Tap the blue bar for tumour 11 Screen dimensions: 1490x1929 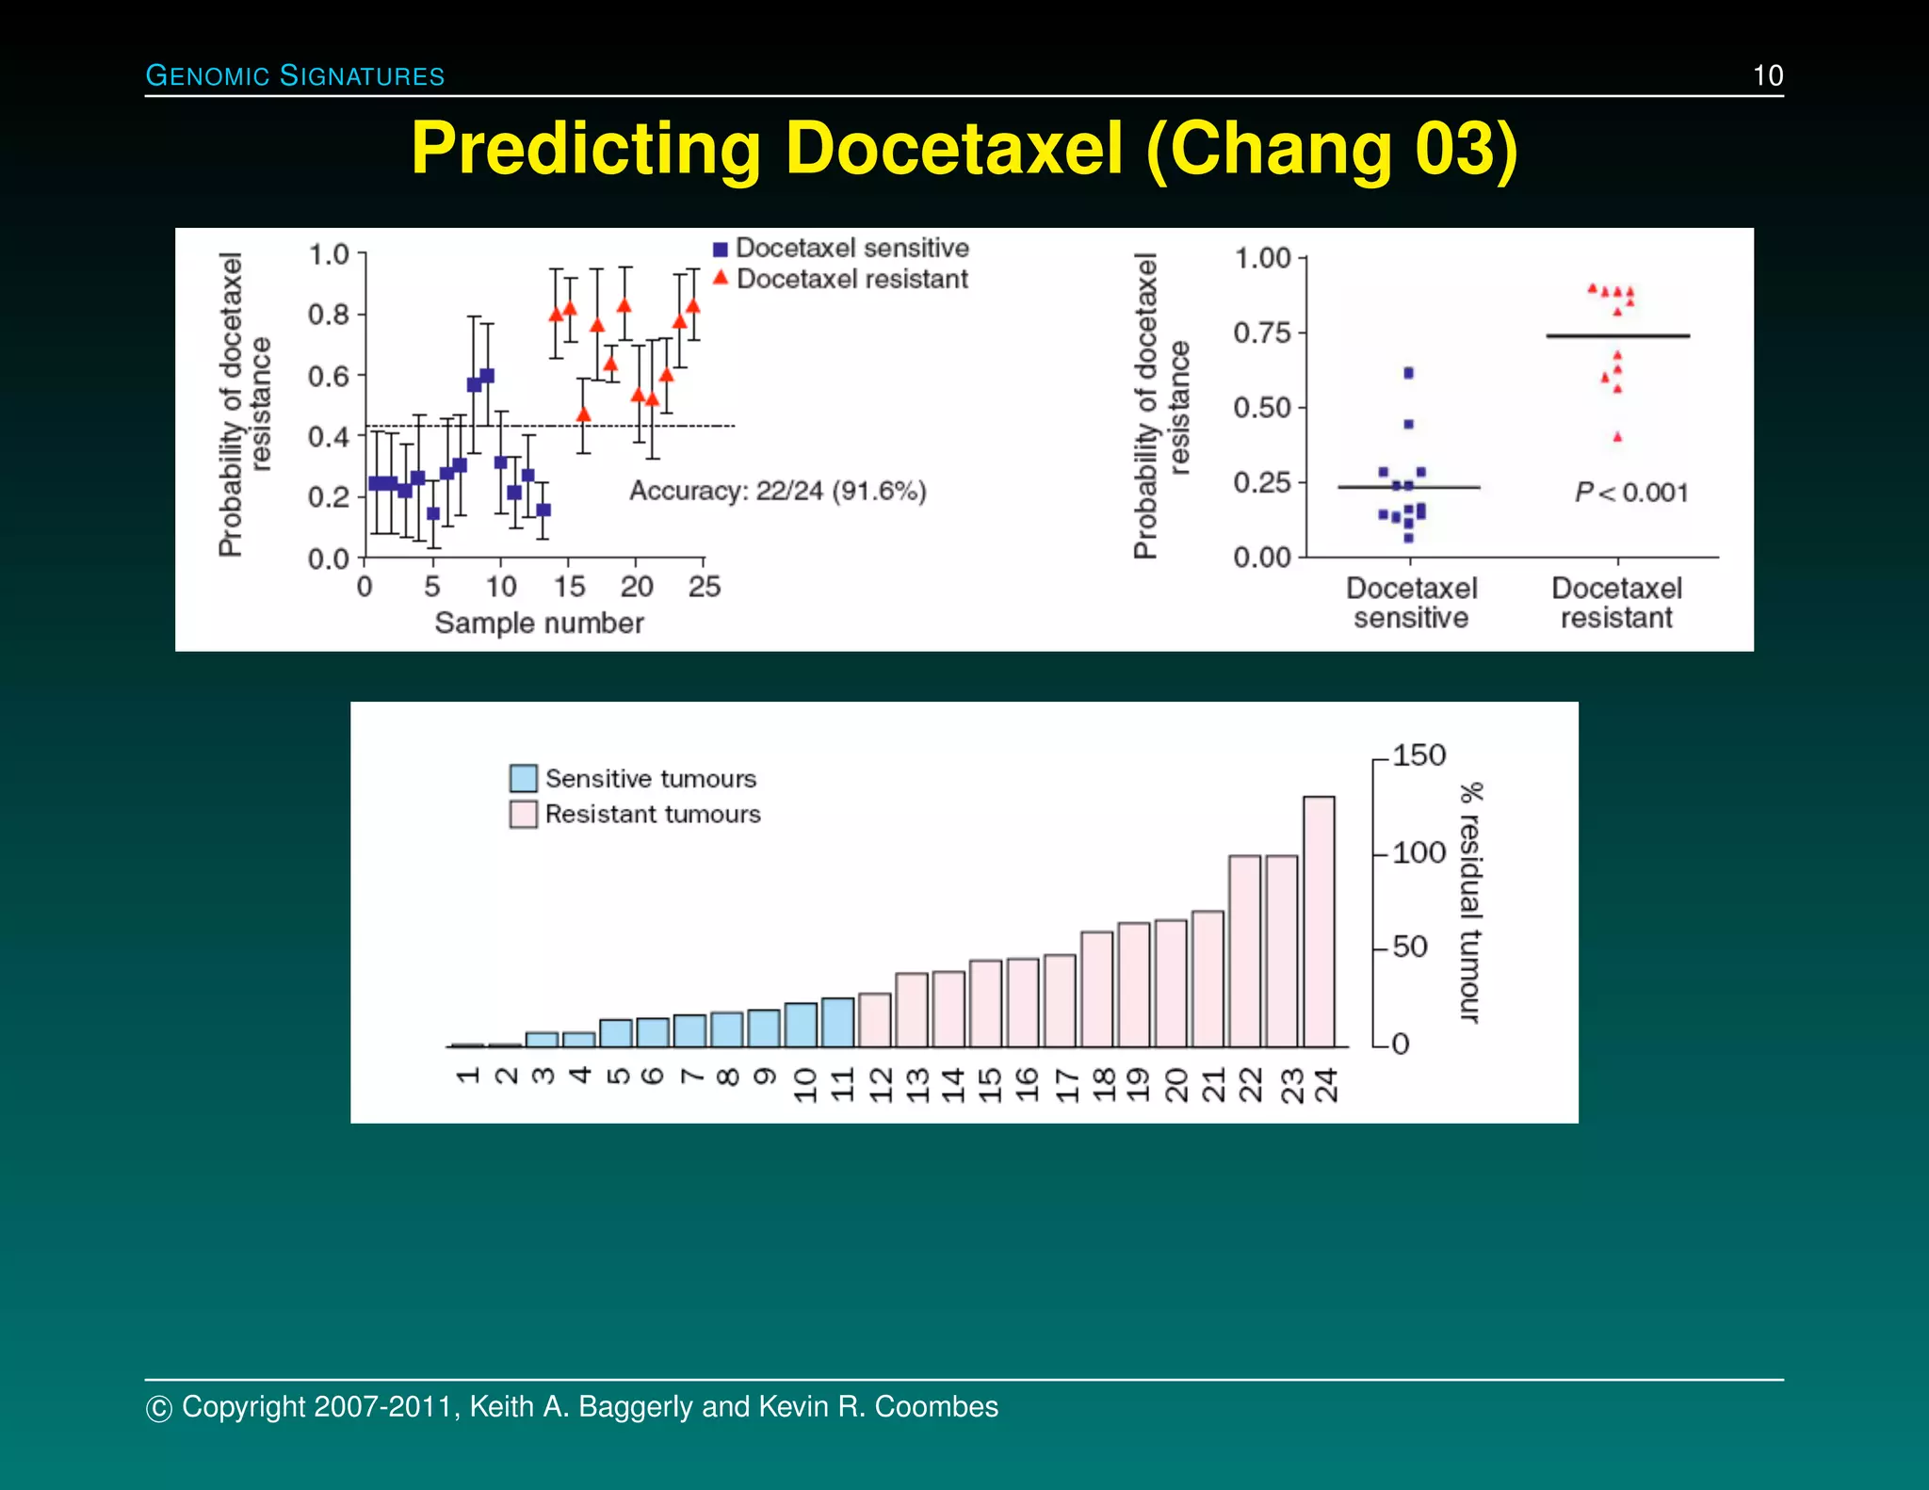coord(837,1023)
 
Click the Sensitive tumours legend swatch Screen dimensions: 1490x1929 coord(523,778)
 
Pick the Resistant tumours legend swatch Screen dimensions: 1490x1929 coord(523,814)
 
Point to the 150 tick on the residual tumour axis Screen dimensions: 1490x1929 coord(1418,755)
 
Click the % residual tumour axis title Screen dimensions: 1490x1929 coord(1470,901)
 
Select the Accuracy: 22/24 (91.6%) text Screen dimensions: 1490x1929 coord(778,491)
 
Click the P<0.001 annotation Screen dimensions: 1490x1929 coord(1631,493)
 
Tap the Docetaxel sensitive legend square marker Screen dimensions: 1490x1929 coord(721,250)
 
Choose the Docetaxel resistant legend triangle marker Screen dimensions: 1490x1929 coord(721,278)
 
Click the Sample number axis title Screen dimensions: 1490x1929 coord(539,623)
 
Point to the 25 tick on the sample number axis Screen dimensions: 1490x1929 coord(705,587)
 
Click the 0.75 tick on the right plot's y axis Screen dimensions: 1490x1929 coord(1262,332)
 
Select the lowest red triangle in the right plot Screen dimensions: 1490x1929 coord(1617,437)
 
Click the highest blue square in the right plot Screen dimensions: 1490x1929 coord(1408,373)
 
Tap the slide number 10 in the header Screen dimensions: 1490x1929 coord(1767,75)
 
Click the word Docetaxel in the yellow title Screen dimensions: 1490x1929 coord(954,149)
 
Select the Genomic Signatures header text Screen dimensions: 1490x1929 coord(295,75)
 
